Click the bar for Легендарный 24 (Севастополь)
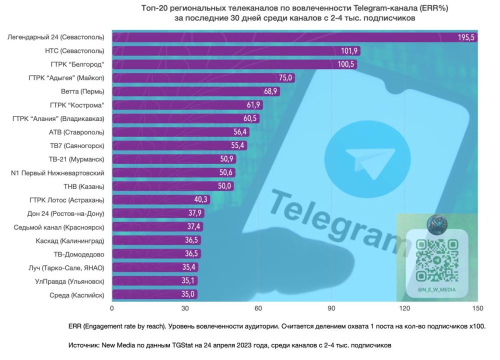[294, 37]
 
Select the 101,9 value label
[349, 51]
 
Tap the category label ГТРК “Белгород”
[77, 64]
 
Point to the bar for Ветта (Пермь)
[196, 91]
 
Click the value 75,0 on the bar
[285, 78]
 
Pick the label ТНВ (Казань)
[84, 186]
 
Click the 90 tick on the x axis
[331, 308]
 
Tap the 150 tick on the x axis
[477, 308]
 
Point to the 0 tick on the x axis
[112, 308]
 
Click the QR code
[437, 260]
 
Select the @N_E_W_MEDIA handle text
[436, 289]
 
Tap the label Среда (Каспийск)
[77, 295]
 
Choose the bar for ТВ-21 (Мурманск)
[174, 159]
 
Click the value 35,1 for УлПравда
[188, 280]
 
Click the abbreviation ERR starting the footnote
[75, 326]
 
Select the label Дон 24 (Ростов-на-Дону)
[65, 213]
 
